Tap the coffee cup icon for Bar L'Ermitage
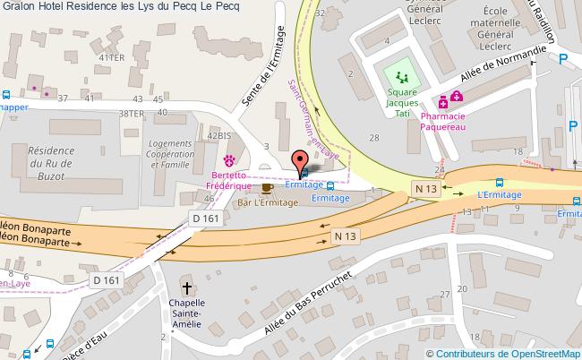266,189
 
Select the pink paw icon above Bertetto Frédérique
230,160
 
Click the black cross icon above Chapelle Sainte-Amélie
188,288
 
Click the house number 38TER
132,114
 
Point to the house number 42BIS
219,134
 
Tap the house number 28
373,137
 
